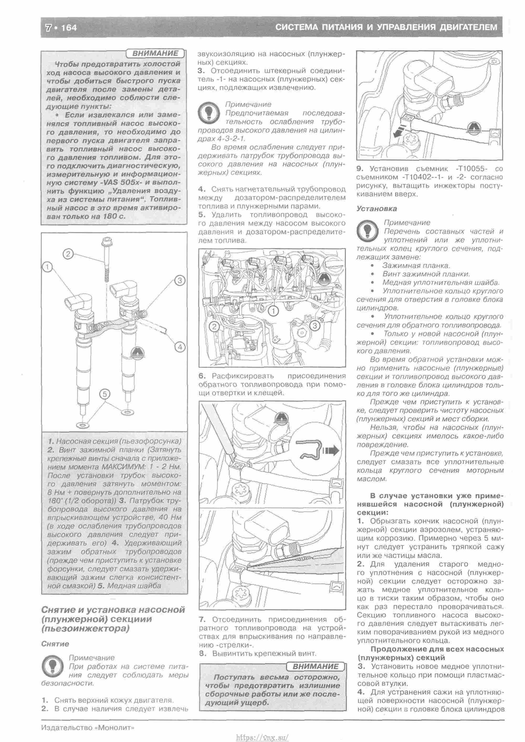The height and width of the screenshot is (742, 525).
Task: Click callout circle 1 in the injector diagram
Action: point(47,267)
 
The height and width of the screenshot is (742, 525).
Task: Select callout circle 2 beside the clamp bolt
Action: point(68,254)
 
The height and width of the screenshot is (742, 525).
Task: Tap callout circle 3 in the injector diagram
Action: point(180,280)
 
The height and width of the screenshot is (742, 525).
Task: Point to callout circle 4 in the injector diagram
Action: point(180,347)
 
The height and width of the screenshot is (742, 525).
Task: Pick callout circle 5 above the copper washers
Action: point(105,394)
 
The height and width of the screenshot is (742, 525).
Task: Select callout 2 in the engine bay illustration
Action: point(214,327)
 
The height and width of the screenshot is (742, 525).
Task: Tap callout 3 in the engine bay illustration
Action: point(314,326)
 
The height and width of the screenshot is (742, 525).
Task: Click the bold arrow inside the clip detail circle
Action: point(331,450)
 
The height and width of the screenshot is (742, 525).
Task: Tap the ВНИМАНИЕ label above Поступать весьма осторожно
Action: point(315,666)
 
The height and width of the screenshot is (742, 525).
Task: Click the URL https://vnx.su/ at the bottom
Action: point(262,738)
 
